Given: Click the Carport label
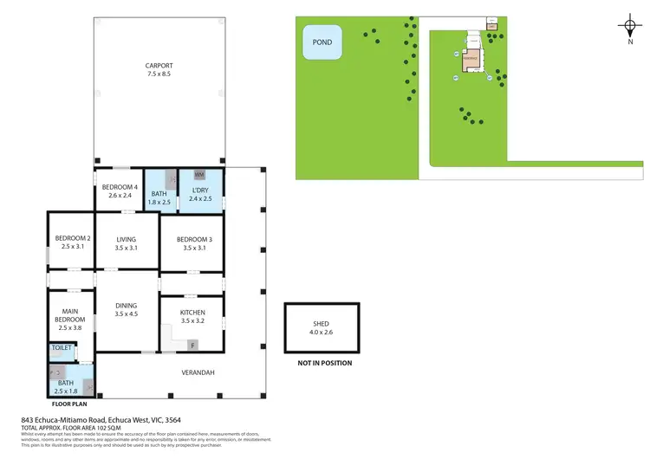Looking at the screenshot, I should click(x=159, y=65).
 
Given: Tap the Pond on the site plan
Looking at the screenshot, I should click(x=322, y=42).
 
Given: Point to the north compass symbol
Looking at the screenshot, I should click(x=630, y=28).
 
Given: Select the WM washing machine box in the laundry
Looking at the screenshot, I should click(x=198, y=175).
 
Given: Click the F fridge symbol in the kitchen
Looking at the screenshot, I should click(x=193, y=345).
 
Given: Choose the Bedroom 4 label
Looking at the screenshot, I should click(x=120, y=187).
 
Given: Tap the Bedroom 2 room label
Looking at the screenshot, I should click(x=73, y=238).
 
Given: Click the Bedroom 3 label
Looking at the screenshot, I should click(x=194, y=239).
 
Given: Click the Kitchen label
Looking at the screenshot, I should click(x=192, y=313).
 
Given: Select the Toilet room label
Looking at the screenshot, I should click(x=62, y=347).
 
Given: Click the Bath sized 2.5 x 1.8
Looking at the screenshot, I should click(x=66, y=385).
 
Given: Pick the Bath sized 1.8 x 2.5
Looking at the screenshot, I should click(x=159, y=198).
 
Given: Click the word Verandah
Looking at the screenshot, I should click(x=198, y=372).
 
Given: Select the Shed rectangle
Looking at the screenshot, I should click(x=321, y=326).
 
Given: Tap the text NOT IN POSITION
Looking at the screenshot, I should click(x=325, y=363).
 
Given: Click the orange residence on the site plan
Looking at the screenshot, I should click(x=471, y=60).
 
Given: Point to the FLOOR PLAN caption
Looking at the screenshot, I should click(x=69, y=404).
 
